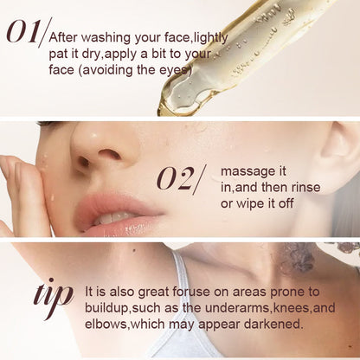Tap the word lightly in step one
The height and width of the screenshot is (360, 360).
click(211, 38)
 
